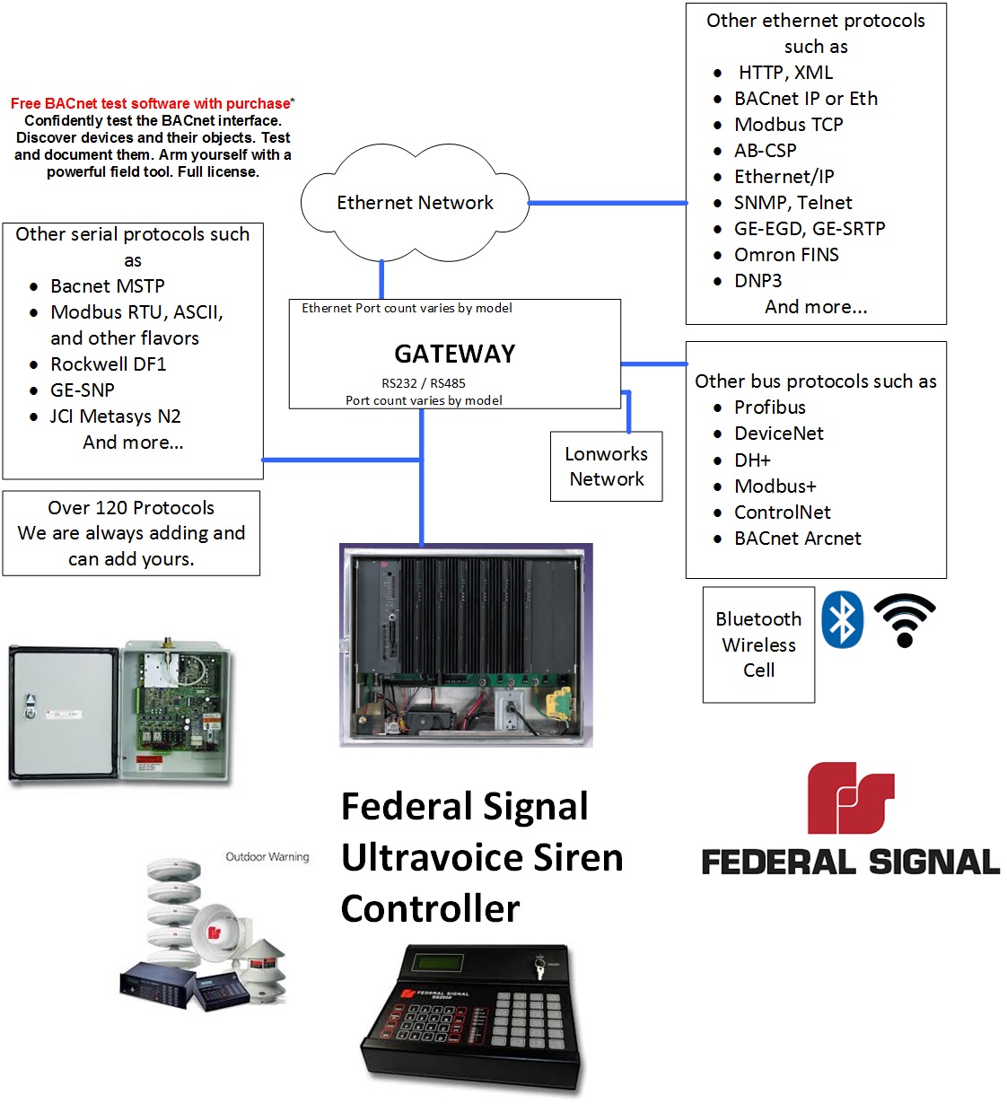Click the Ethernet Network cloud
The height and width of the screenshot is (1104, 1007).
(414, 202)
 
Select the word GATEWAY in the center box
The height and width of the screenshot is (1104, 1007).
(454, 354)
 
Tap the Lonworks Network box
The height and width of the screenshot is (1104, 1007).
(606, 466)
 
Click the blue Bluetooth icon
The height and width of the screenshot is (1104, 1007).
(842, 619)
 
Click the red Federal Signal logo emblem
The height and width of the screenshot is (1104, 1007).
(850, 798)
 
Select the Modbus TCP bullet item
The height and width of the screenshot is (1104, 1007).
(788, 125)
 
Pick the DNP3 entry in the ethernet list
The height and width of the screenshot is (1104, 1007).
(757, 281)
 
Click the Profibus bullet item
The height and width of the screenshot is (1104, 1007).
(769, 407)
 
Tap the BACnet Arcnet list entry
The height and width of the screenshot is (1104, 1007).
(797, 539)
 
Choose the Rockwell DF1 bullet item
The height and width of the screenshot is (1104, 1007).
(108, 364)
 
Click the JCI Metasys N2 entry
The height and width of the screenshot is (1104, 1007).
(115, 416)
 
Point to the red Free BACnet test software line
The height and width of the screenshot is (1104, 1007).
(151, 104)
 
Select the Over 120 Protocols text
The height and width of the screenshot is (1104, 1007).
(131, 508)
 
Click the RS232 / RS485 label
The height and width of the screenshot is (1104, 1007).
(423, 383)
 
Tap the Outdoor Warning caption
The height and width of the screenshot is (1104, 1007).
(267, 857)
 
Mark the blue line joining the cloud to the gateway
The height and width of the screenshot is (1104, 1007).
(381, 279)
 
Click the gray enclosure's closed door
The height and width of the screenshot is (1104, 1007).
(63, 714)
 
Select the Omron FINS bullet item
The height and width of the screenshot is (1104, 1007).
(785, 255)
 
